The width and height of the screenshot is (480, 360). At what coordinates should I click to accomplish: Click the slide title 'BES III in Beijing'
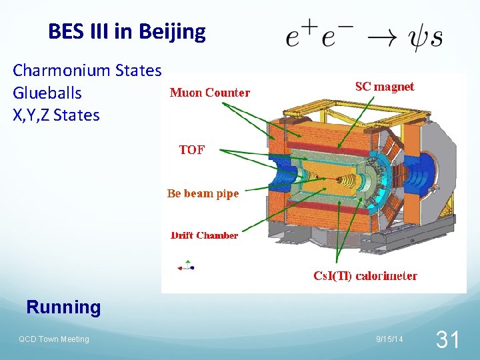[127, 31]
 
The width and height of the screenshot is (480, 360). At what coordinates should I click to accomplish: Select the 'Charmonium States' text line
[87, 70]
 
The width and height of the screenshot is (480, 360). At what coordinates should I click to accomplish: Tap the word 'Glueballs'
[47, 93]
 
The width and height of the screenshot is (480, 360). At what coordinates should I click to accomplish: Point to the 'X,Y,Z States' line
[56, 115]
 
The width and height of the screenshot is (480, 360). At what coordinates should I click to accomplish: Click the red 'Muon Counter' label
[210, 93]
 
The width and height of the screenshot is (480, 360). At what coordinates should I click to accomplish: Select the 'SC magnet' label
[384, 87]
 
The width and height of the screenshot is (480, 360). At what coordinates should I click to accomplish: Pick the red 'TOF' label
[191, 150]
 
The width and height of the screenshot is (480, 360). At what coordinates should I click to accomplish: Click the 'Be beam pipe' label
[203, 193]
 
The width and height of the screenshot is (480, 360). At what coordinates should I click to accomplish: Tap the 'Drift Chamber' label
[204, 235]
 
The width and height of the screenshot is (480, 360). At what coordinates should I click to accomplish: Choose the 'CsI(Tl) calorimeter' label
[365, 275]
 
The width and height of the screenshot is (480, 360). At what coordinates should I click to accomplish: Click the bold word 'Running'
[63, 307]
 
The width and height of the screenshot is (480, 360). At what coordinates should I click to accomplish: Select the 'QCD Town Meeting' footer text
[53, 339]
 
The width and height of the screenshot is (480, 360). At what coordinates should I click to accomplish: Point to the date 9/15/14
[389, 340]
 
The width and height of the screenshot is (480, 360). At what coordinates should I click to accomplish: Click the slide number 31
[447, 341]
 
